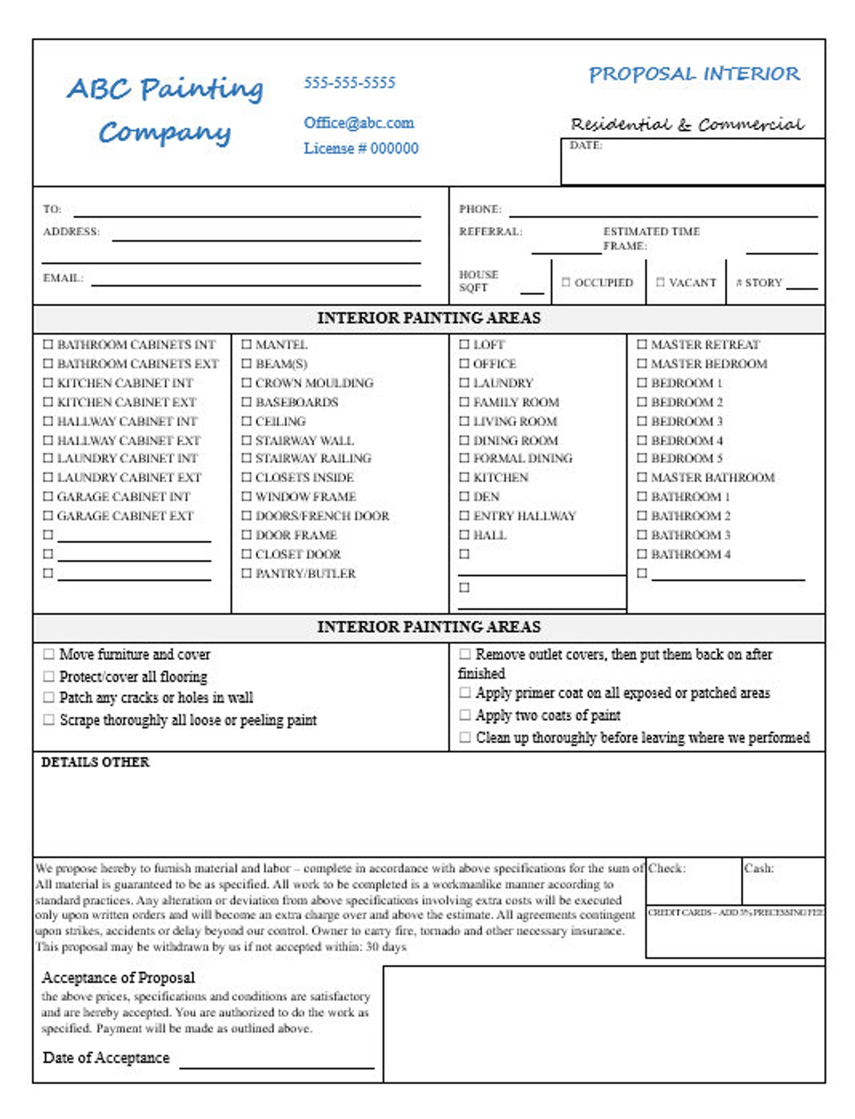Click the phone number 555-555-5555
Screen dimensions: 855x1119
349,82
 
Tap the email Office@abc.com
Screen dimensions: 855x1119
359,123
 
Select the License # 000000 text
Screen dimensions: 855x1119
361,148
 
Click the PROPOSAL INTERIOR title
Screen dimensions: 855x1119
694,74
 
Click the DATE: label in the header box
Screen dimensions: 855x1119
586,145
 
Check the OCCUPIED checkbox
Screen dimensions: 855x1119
565,281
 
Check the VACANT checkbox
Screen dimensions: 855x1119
660,281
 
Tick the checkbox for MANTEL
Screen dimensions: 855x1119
246,344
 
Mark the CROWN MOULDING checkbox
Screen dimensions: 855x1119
246,382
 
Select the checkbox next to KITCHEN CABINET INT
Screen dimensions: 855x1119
48,382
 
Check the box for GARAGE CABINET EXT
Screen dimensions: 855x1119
48,515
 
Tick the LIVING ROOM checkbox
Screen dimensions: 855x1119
464,420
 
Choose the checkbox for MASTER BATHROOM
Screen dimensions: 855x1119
642,476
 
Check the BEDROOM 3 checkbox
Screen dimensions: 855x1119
642,420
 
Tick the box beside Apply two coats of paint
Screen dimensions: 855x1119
465,714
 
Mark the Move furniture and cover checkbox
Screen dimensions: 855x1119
48,654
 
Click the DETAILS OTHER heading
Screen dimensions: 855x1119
95,762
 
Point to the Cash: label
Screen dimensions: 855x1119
759,868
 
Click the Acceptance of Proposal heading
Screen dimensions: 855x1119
118,977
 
